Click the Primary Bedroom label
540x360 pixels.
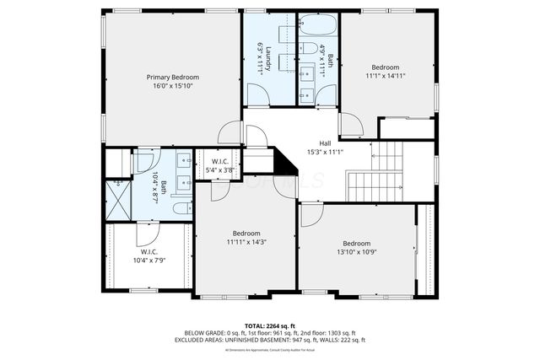coord(172,77)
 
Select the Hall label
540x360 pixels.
coord(325,142)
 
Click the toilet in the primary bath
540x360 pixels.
coord(180,207)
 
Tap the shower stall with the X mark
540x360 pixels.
coord(117,201)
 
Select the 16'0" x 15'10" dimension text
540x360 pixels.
coord(172,86)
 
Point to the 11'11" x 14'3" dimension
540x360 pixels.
coord(246,242)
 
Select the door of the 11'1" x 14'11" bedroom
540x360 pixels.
coord(351,125)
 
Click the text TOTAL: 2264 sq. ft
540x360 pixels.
coord(270,325)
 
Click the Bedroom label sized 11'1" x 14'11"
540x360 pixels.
coord(386,67)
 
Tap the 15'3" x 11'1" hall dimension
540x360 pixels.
coord(325,152)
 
